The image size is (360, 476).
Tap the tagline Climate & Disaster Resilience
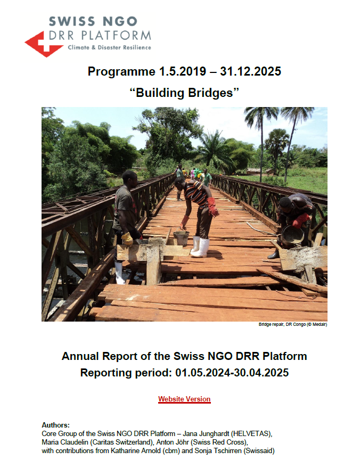tap(109, 47)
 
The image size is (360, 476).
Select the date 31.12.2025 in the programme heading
tap(250, 71)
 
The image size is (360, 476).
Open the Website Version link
tap(184, 399)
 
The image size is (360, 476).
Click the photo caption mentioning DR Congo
tap(293, 324)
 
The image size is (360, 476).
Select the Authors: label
tap(55, 425)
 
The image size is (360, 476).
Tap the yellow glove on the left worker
tap(127, 239)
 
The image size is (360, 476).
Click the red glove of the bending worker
tap(213, 207)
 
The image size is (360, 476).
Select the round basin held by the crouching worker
tap(292, 235)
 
